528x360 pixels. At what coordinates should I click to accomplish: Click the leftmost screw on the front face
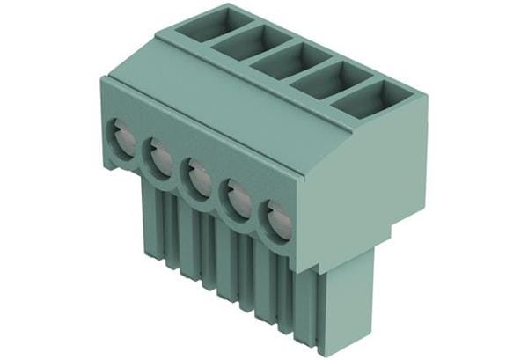[121, 139]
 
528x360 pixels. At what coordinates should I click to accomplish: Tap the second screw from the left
[160, 159]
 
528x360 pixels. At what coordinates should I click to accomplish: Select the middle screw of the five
[198, 179]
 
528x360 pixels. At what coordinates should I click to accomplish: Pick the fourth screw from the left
[238, 199]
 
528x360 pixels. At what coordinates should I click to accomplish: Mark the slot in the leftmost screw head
[121, 139]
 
